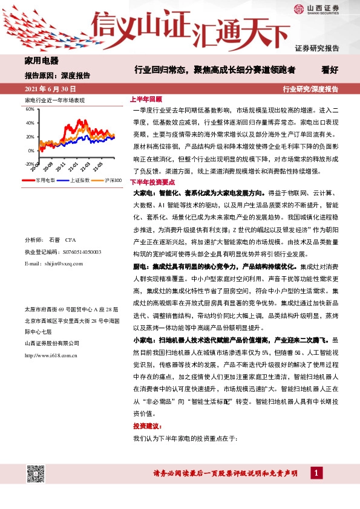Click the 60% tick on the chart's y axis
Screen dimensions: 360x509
point(30,110)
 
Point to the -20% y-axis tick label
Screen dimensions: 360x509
point(29,163)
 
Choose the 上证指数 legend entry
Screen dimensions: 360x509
point(75,180)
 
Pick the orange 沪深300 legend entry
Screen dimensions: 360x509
point(108,180)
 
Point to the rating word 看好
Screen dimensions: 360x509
point(347,70)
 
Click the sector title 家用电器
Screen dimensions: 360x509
point(41,61)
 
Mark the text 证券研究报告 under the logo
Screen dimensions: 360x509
point(317,48)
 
